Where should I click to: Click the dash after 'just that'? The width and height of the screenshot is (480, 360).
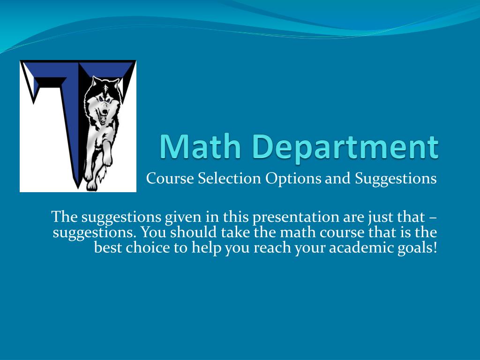click(x=433, y=218)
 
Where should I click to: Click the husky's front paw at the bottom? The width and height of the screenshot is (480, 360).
click(x=92, y=184)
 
